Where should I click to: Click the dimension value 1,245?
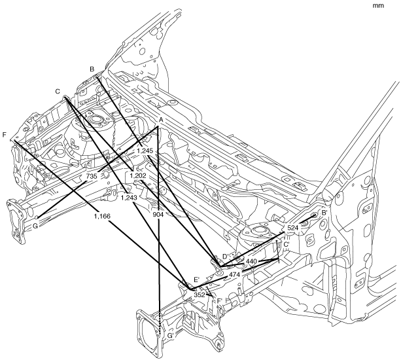tap(145, 151)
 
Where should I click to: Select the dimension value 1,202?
tap(137, 175)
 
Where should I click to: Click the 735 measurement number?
tap(92, 176)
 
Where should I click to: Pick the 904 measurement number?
tap(158, 214)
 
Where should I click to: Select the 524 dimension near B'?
tap(293, 228)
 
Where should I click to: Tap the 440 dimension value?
tap(252, 261)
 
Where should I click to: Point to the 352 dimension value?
tap(200, 295)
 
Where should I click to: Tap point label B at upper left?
tap(92, 69)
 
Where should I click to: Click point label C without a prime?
tap(58, 91)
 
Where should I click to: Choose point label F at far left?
tap(5, 135)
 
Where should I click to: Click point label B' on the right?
tap(324, 213)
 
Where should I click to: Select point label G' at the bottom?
tap(171, 336)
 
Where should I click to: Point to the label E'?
tap(196, 280)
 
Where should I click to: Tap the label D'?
tap(226, 255)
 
